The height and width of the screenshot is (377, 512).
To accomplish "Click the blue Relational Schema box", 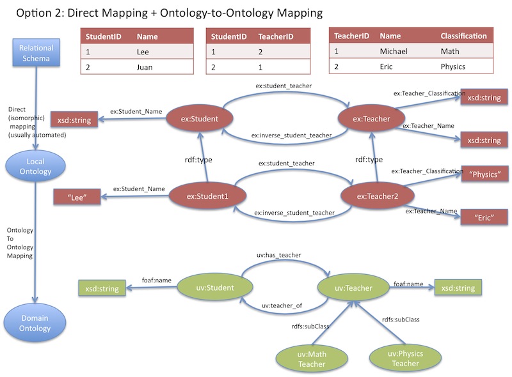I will click(x=36, y=52).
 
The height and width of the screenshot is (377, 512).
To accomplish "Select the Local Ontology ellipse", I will click(x=36, y=166).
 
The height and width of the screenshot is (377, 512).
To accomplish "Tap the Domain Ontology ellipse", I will click(x=36, y=323).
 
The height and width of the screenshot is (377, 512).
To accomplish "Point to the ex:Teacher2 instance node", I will click(x=375, y=196).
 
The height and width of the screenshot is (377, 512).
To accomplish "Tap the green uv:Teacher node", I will click(x=353, y=288).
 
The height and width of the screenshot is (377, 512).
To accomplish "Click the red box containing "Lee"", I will click(x=77, y=197).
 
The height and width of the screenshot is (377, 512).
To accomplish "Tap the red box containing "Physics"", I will click(x=484, y=174).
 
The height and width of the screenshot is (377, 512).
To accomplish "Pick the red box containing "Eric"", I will click(x=484, y=217).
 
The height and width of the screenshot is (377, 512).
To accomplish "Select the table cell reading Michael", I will click(x=394, y=51).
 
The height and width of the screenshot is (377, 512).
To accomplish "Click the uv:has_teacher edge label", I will click(x=282, y=255).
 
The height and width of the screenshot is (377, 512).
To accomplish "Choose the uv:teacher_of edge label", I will click(x=282, y=306).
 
